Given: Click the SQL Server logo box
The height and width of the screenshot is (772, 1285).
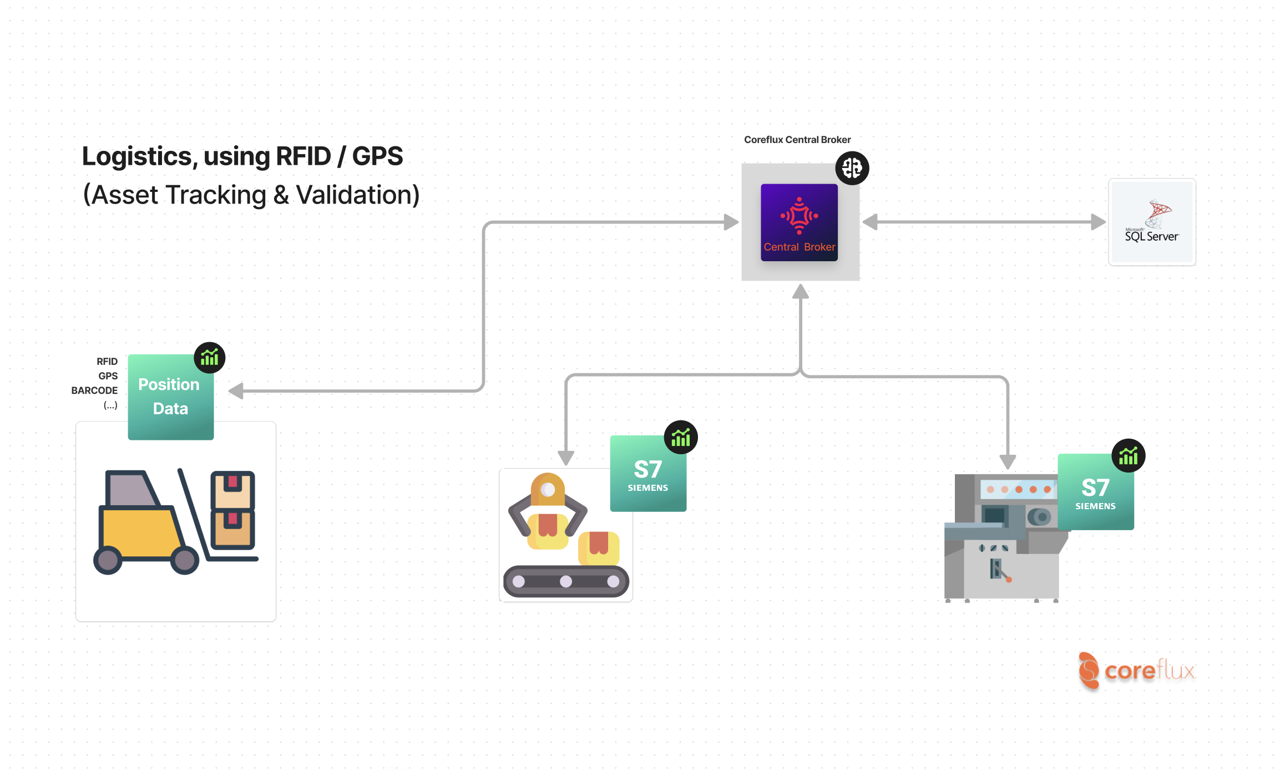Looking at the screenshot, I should pyautogui.click(x=1152, y=222).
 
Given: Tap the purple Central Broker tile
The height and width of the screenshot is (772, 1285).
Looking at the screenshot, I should pyautogui.click(x=799, y=222).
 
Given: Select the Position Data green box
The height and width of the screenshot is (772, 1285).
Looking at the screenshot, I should pyautogui.click(x=170, y=397).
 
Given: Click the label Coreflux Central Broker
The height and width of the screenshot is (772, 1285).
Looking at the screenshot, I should pyautogui.click(x=797, y=140).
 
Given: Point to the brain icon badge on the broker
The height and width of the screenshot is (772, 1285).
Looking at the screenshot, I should pyautogui.click(x=852, y=168).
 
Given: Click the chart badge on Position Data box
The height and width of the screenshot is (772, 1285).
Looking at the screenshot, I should pyautogui.click(x=210, y=358).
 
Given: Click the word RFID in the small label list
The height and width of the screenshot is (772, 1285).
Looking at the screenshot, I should pyautogui.click(x=107, y=362).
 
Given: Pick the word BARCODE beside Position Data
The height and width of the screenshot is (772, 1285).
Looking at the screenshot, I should pyautogui.click(x=94, y=390).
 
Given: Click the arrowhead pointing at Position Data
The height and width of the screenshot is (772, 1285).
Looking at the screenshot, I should pyautogui.click(x=236, y=390).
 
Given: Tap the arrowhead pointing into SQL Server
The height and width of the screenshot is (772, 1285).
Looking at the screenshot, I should pyautogui.click(x=1097, y=222).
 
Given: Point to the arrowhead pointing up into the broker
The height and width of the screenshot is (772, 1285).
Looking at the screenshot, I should pyautogui.click(x=800, y=292).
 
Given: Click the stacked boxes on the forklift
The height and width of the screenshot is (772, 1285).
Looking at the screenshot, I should pyautogui.click(x=232, y=509).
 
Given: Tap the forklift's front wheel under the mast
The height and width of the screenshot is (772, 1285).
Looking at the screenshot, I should pyautogui.click(x=185, y=560).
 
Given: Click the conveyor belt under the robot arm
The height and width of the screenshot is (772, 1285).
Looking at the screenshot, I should pyautogui.click(x=566, y=581).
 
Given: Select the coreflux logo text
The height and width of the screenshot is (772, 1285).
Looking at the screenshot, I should pyautogui.click(x=1149, y=671).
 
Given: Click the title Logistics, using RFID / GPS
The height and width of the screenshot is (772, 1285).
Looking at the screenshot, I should pyautogui.click(x=242, y=156).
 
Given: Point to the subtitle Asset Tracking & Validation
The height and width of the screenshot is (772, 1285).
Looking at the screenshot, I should pyautogui.click(x=251, y=195).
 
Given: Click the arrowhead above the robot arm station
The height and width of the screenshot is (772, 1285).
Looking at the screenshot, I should pyautogui.click(x=566, y=458).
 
